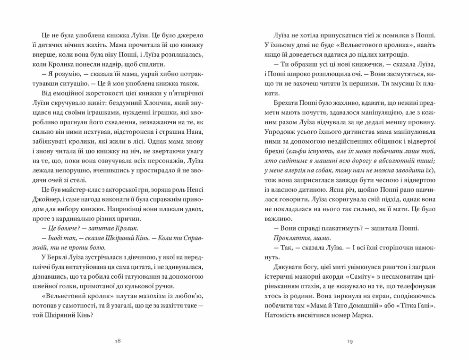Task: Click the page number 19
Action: pyautogui.click(x=350, y=341)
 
